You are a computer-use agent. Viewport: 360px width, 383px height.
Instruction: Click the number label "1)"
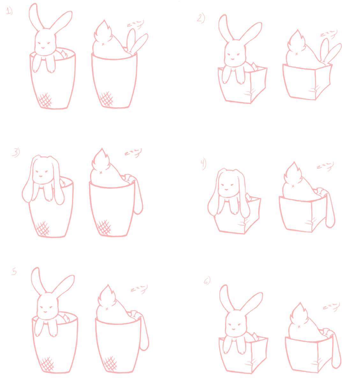point(9,11)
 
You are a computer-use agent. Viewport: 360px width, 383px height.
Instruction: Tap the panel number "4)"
point(203,164)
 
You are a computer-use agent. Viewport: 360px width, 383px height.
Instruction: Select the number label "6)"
point(207,281)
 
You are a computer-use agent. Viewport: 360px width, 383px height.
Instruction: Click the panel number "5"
point(14,272)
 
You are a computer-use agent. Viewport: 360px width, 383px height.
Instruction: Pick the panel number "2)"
point(201,18)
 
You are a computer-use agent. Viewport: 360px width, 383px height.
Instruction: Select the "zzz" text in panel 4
point(326,166)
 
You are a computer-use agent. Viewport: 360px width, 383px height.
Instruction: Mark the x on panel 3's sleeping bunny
point(101,172)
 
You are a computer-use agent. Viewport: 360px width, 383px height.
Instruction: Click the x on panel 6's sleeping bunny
point(299,326)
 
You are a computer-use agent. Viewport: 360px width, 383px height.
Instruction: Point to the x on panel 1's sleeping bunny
point(103,44)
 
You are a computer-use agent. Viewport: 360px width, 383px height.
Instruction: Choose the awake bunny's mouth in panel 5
point(45,311)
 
